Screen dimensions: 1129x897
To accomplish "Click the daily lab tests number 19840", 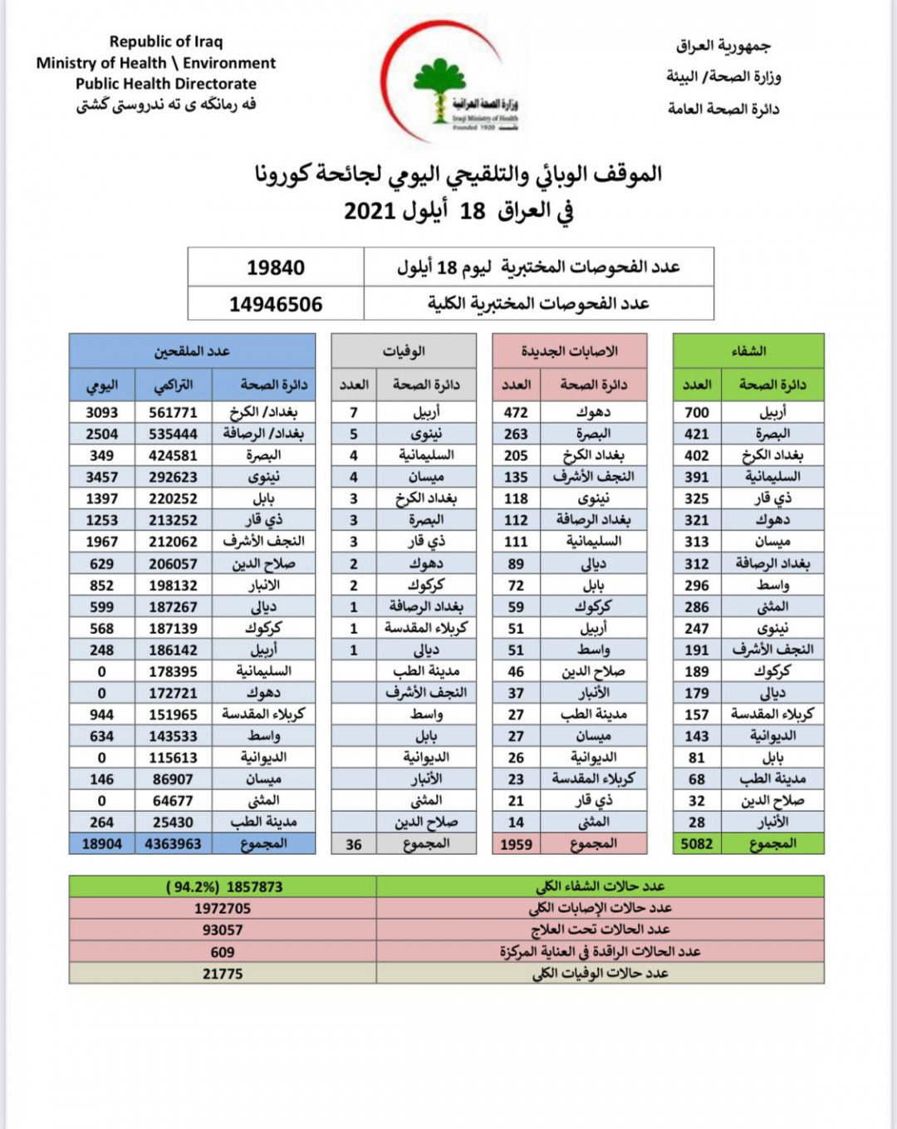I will (276, 268).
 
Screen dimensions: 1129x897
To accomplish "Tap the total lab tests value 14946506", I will (276, 304).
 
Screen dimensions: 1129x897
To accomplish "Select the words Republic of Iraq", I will (166, 42).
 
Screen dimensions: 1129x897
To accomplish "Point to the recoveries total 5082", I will (697, 844).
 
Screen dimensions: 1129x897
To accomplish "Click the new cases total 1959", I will (516, 844).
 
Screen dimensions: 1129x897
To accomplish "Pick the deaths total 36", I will (354, 844).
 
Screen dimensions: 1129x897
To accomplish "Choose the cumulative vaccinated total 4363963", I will (173, 844).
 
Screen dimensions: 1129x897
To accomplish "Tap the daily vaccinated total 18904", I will (102, 844).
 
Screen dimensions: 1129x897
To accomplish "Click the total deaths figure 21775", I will (223, 974).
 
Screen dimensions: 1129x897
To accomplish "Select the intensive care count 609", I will (223, 952).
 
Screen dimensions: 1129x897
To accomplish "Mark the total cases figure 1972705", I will (223, 909).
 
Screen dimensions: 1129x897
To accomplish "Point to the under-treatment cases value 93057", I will (223, 930).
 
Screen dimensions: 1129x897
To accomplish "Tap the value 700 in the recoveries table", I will (697, 412).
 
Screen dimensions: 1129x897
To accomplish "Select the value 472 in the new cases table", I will (516, 412).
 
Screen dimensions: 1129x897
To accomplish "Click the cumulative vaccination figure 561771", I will (173, 412).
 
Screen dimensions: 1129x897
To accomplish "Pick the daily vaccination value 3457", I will (102, 477).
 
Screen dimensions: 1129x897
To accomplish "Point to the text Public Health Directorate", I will (166, 84).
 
